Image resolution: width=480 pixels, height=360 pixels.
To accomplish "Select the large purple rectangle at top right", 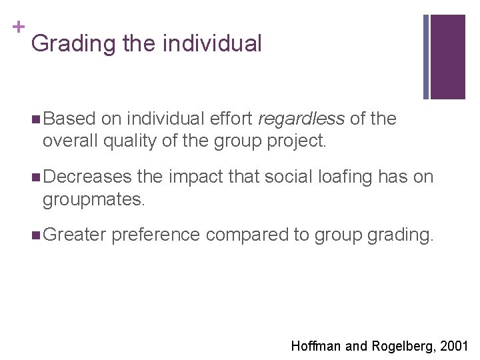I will [x=447, y=57].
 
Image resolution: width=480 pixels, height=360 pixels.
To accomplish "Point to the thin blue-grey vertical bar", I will [x=427, y=57].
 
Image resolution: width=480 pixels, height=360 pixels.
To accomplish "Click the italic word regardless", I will [x=301, y=119].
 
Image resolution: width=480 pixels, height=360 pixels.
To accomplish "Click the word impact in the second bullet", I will [x=197, y=177].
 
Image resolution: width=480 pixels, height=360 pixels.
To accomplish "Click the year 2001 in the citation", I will [x=455, y=346].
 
